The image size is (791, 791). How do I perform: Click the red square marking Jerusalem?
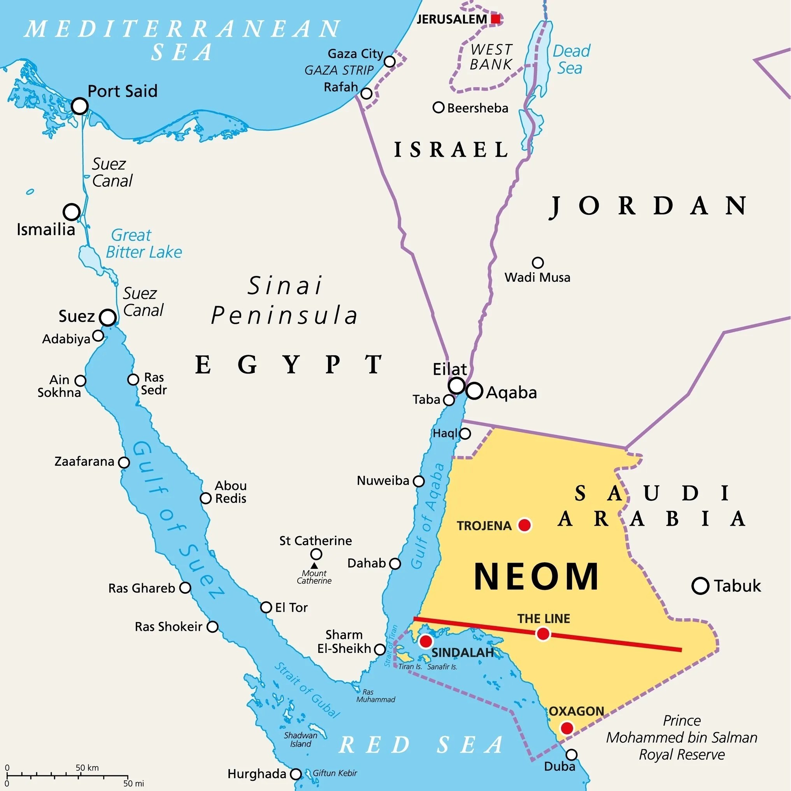tap(496, 19)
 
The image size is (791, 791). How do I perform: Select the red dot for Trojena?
tap(524, 525)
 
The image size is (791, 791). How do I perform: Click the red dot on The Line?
tap(543, 634)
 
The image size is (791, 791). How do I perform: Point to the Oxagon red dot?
tap(567, 728)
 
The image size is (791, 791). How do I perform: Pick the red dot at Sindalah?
tap(426, 641)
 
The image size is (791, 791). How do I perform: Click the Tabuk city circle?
tap(700, 586)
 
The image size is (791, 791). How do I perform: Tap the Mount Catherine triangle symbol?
tap(314, 565)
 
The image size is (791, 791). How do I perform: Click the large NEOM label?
tap(536, 577)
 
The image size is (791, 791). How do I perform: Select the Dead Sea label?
tap(571, 60)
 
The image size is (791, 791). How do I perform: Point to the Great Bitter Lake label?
tap(143, 244)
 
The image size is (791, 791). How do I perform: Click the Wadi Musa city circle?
tap(538, 263)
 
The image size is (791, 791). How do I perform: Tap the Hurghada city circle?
tap(296, 774)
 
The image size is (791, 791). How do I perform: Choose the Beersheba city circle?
tap(438, 108)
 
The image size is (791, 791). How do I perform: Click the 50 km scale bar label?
tap(87, 768)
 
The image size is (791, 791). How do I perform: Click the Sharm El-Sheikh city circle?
tap(380, 649)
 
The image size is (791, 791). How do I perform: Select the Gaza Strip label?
tap(339, 70)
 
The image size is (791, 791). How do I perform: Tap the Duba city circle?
tap(572, 754)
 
